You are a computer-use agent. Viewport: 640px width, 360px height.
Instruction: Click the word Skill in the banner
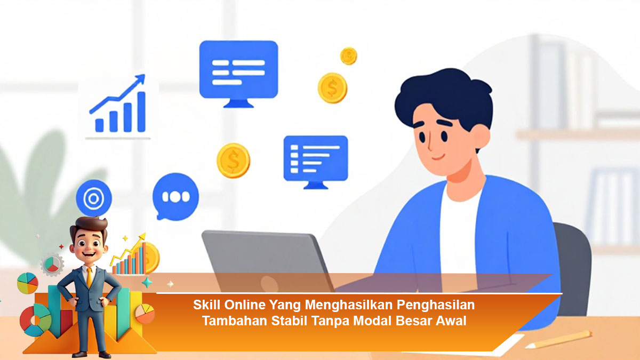(x=207, y=305)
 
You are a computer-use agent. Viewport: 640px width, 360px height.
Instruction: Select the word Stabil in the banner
(x=289, y=321)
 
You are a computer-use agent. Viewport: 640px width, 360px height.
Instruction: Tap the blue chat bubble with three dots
(x=175, y=197)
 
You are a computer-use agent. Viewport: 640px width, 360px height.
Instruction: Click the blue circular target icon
(x=94, y=198)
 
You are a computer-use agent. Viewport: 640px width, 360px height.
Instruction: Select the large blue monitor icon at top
(x=238, y=74)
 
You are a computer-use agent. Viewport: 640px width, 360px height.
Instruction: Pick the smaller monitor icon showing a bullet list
(x=316, y=162)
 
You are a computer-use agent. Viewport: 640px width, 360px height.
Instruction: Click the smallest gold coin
(x=349, y=56)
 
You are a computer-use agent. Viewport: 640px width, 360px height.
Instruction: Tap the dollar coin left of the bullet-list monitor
(x=234, y=161)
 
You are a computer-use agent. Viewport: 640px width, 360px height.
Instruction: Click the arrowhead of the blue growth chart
(x=141, y=78)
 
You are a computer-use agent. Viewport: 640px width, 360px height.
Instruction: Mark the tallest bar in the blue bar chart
(x=141, y=111)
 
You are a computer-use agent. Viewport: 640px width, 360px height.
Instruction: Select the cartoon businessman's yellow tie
(x=90, y=277)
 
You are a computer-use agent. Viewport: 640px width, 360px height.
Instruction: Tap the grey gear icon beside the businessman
(x=52, y=265)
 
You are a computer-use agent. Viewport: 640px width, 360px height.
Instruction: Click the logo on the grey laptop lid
(x=269, y=284)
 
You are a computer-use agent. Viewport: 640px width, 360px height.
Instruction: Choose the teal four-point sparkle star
(x=147, y=283)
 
